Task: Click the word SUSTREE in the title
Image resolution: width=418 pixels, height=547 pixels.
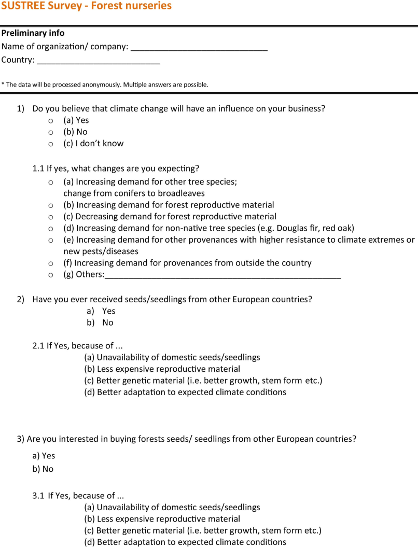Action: (25, 7)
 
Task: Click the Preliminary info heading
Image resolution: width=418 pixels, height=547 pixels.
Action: (33, 33)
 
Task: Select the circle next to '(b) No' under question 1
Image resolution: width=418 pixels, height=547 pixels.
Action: (50, 132)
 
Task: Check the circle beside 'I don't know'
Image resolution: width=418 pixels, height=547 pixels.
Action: (50, 144)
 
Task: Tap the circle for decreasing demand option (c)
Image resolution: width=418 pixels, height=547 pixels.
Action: (50, 217)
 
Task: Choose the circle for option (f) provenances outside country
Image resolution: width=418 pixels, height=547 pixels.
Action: (50, 263)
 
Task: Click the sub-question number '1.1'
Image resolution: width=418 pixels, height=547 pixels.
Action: (38, 169)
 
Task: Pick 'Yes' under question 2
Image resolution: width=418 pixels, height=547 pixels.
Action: (108, 311)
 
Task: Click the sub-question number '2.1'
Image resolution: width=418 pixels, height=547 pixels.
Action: (38, 346)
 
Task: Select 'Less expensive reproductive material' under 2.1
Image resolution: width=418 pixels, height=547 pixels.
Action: (162, 369)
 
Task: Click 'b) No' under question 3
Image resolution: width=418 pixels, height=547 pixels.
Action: (43, 469)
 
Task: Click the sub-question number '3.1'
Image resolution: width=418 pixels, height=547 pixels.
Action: (38, 496)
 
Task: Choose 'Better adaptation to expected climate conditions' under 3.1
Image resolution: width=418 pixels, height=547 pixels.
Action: (185, 542)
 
